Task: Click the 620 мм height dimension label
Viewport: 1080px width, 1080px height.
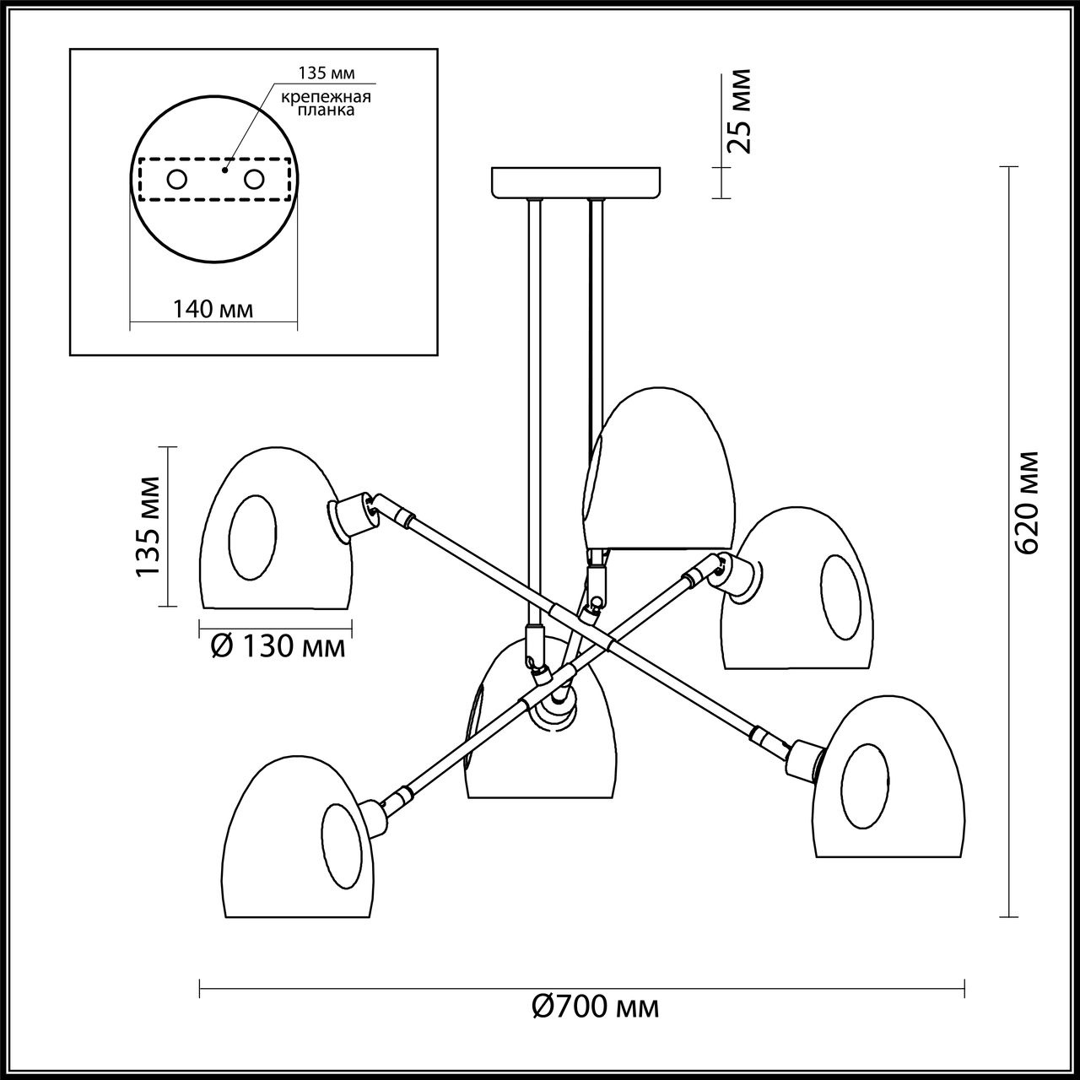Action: (x=1027, y=503)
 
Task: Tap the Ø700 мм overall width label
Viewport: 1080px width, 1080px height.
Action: (x=597, y=1007)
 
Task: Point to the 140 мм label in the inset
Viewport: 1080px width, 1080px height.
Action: (x=213, y=310)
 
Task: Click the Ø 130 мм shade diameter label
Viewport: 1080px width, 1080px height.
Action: (x=277, y=647)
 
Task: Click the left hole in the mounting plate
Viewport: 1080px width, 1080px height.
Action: (x=177, y=179)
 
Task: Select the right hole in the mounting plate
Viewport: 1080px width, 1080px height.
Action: (x=253, y=179)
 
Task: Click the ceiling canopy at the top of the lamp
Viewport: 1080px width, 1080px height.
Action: (x=576, y=181)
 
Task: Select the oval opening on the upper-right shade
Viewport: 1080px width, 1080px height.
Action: (x=845, y=597)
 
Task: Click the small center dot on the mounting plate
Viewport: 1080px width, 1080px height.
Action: (x=224, y=170)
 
